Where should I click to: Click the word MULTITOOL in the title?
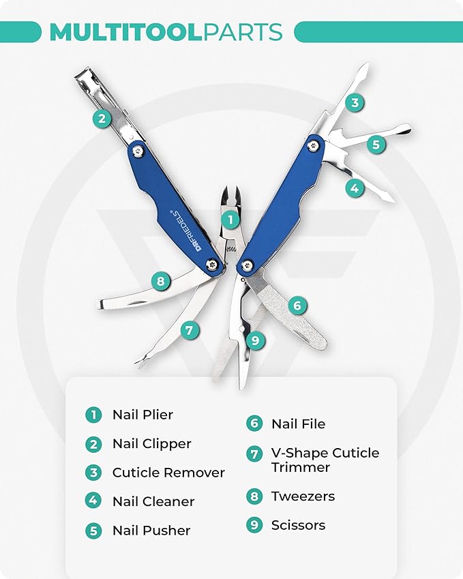click(125, 32)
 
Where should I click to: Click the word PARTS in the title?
click(243, 32)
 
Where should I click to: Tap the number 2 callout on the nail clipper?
click(102, 119)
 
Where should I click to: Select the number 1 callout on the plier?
click(230, 220)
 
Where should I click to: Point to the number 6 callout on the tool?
click(297, 305)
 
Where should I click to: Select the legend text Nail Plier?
click(143, 415)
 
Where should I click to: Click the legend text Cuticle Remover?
click(168, 473)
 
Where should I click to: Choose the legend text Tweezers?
click(303, 496)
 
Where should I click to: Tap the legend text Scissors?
click(298, 525)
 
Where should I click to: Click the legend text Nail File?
click(298, 424)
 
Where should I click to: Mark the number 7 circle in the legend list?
click(254, 453)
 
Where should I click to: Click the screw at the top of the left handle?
click(138, 150)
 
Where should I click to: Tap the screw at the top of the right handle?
click(314, 143)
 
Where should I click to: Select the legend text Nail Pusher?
click(151, 531)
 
